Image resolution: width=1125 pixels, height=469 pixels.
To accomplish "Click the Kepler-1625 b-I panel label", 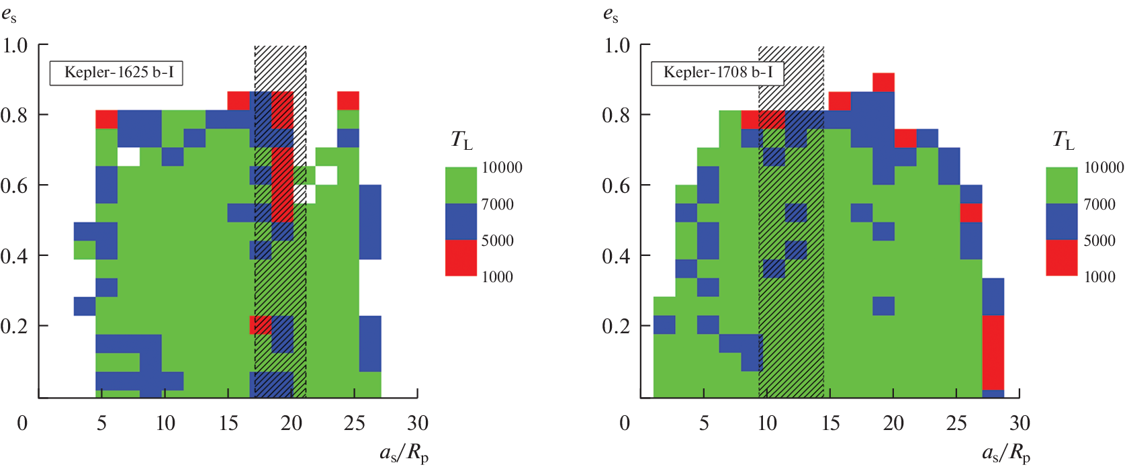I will tap(116, 73).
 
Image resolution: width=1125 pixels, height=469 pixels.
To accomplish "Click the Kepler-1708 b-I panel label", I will tap(717, 73).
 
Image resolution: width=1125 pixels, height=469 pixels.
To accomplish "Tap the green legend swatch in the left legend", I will tap(460, 185).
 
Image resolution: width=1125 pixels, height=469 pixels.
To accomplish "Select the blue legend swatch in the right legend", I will tap(1061, 222).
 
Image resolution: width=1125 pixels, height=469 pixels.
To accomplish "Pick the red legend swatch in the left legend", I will tap(460, 258).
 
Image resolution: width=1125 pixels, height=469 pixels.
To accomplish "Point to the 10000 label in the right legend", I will tap(1104, 168).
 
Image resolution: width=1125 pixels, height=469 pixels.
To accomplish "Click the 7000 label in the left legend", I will tap(497, 204).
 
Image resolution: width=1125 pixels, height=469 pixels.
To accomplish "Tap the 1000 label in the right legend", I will tap(1099, 277).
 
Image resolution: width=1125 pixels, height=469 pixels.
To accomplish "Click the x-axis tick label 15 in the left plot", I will tap(228, 423).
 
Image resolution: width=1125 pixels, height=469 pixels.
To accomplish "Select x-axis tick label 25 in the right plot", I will tap(956, 423).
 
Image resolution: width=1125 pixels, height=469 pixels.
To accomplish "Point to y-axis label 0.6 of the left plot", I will tap(14, 185).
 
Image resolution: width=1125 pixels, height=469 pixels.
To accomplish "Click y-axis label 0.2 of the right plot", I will tap(616, 327).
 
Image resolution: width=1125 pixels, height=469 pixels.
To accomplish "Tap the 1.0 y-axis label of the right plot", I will tap(616, 46).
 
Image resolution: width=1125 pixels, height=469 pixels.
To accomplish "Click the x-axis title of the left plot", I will tap(404, 453).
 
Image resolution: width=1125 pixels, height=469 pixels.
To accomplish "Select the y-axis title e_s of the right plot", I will tap(610, 15).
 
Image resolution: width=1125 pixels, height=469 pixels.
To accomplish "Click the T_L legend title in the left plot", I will tap(461, 140).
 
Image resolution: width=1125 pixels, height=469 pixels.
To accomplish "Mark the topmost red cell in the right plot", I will tap(883, 82).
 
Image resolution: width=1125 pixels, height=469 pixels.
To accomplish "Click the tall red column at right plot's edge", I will tap(993, 352).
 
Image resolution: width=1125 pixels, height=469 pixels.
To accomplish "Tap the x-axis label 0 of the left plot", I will tap(22, 423).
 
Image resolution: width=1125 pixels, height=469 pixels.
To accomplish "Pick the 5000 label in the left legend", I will tap(497, 241).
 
